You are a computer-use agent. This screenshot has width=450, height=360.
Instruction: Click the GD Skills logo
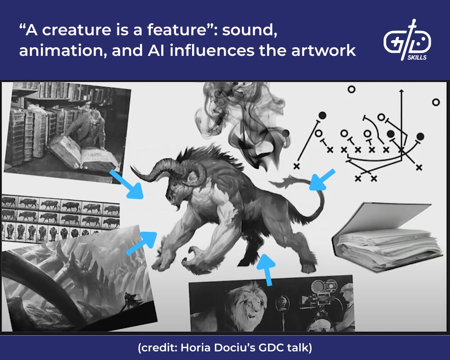click(407, 40)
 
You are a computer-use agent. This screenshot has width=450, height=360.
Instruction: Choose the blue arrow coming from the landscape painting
click(142, 243)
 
